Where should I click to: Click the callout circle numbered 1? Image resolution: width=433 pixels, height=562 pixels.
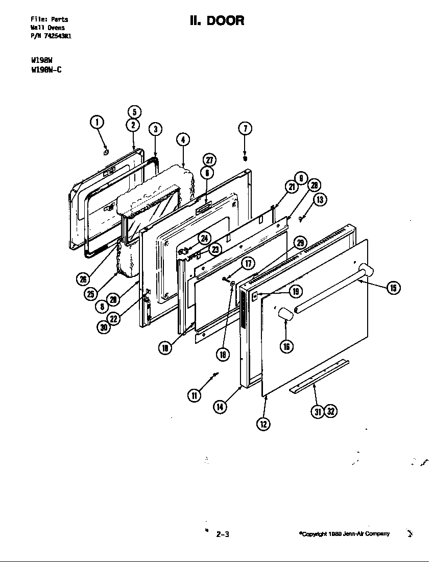coord(97,122)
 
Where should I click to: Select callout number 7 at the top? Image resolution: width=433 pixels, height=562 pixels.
coord(245,128)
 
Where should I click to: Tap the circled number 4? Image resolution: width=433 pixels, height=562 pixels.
coord(182,139)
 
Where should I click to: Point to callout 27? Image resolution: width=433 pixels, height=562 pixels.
coord(209,160)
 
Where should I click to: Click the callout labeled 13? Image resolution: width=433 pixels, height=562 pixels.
coord(320,200)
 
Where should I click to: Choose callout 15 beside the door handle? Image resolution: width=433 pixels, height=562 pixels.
coord(393,288)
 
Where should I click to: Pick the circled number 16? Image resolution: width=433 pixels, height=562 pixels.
coord(286,346)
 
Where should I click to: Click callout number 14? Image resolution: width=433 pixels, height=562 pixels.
coord(220,407)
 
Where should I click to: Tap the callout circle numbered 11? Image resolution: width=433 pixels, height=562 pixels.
coord(194,395)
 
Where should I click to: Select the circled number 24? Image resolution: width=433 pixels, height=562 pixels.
coord(204,238)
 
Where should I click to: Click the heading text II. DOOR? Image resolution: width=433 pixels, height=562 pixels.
coord(216,20)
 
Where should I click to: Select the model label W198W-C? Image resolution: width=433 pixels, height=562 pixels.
coord(46,71)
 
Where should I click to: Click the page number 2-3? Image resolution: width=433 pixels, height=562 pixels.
coord(223,535)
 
